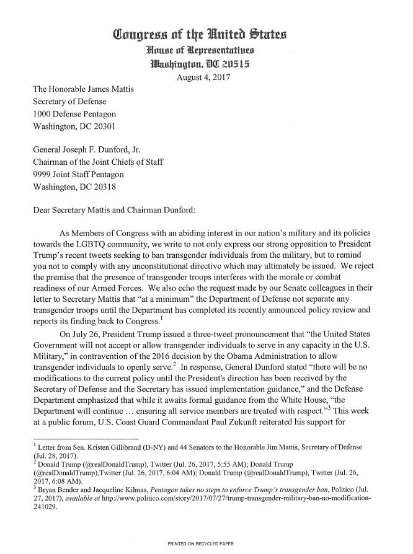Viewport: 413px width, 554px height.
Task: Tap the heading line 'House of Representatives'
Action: point(206,50)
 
